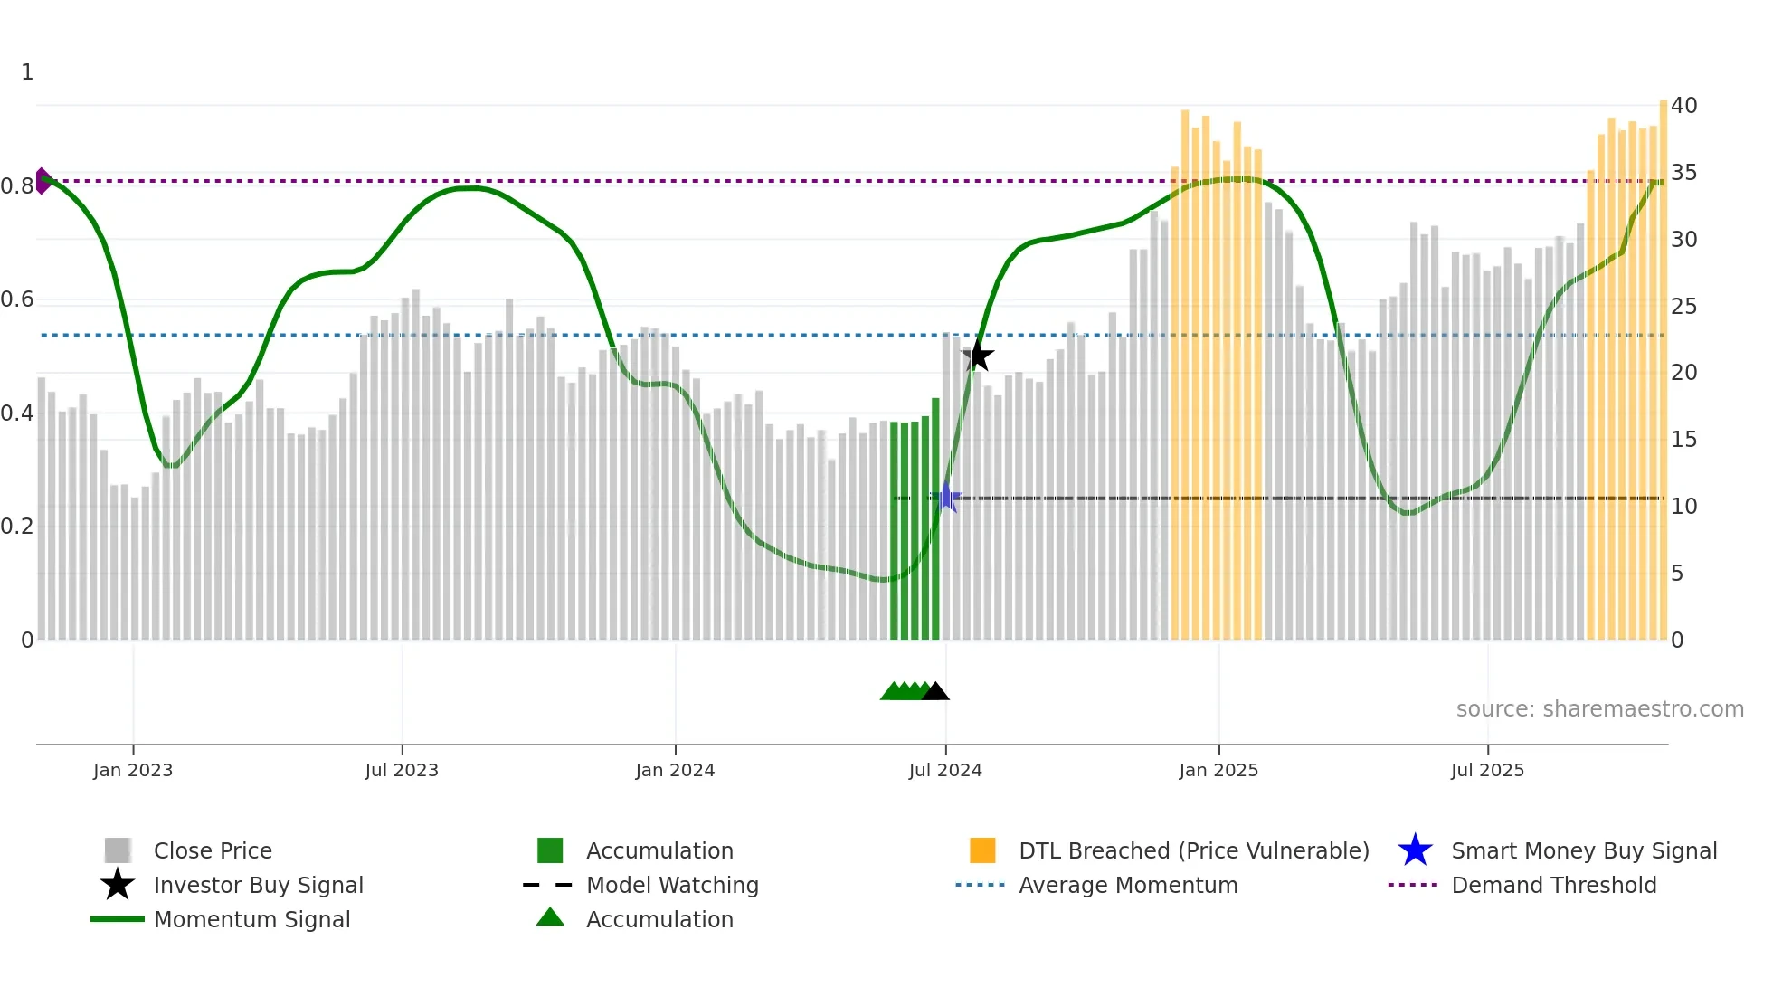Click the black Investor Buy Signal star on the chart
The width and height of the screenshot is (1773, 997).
pyautogui.click(x=977, y=356)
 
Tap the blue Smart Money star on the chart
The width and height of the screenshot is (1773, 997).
pyautogui.click(x=946, y=498)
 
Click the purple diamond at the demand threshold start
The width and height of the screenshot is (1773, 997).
pyautogui.click(x=43, y=181)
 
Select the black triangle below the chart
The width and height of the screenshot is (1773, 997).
pyautogui.click(x=935, y=692)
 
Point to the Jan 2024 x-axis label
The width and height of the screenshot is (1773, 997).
pyautogui.click(x=675, y=770)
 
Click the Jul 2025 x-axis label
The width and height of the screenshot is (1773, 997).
pyautogui.click(x=1487, y=770)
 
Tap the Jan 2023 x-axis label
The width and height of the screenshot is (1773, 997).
pyautogui.click(x=133, y=770)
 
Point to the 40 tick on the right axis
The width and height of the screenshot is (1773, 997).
pyautogui.click(x=1683, y=106)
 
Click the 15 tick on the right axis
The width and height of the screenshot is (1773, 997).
pyautogui.click(x=1683, y=440)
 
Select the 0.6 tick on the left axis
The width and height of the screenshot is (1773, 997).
pyautogui.click(x=17, y=299)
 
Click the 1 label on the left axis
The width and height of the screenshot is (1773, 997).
pyautogui.click(x=27, y=72)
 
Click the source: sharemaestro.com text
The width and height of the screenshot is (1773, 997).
pyautogui.click(x=1599, y=709)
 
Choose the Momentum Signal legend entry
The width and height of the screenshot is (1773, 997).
pyautogui.click(x=251, y=919)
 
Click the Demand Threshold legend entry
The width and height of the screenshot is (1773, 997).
pyautogui.click(x=1553, y=885)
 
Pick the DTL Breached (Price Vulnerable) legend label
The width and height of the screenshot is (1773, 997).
pyautogui.click(x=1193, y=850)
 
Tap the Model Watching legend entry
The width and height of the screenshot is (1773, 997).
pyautogui.click(x=672, y=885)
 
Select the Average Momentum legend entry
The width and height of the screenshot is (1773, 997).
pyautogui.click(x=1128, y=885)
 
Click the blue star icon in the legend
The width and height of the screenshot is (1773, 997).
pyautogui.click(x=1415, y=850)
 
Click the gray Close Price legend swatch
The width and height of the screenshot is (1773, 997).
pyautogui.click(x=118, y=850)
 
